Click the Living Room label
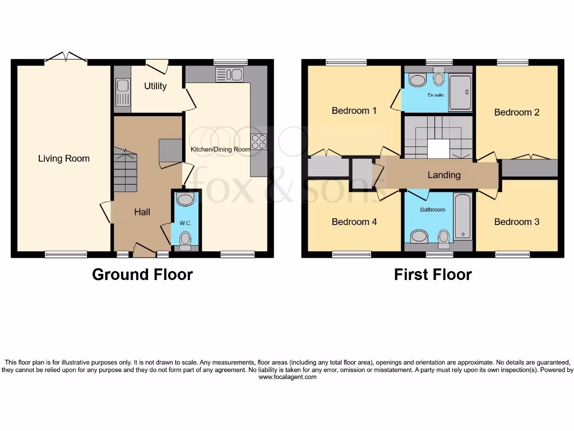(63, 158)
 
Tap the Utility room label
(155, 86)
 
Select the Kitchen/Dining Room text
(220, 149)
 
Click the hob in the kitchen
(258, 142)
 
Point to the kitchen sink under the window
(229, 75)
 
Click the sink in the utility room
(122, 92)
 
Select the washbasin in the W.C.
(184, 200)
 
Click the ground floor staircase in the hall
(125, 171)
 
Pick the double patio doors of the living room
(66, 57)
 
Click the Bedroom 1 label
(354, 111)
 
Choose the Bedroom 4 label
(354, 222)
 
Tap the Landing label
(444, 175)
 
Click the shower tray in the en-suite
(461, 93)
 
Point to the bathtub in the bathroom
(462, 217)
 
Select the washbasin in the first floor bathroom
(419, 237)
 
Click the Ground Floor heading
(142, 274)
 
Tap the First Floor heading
(433, 274)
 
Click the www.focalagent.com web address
(287, 377)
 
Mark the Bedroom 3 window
(512, 254)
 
